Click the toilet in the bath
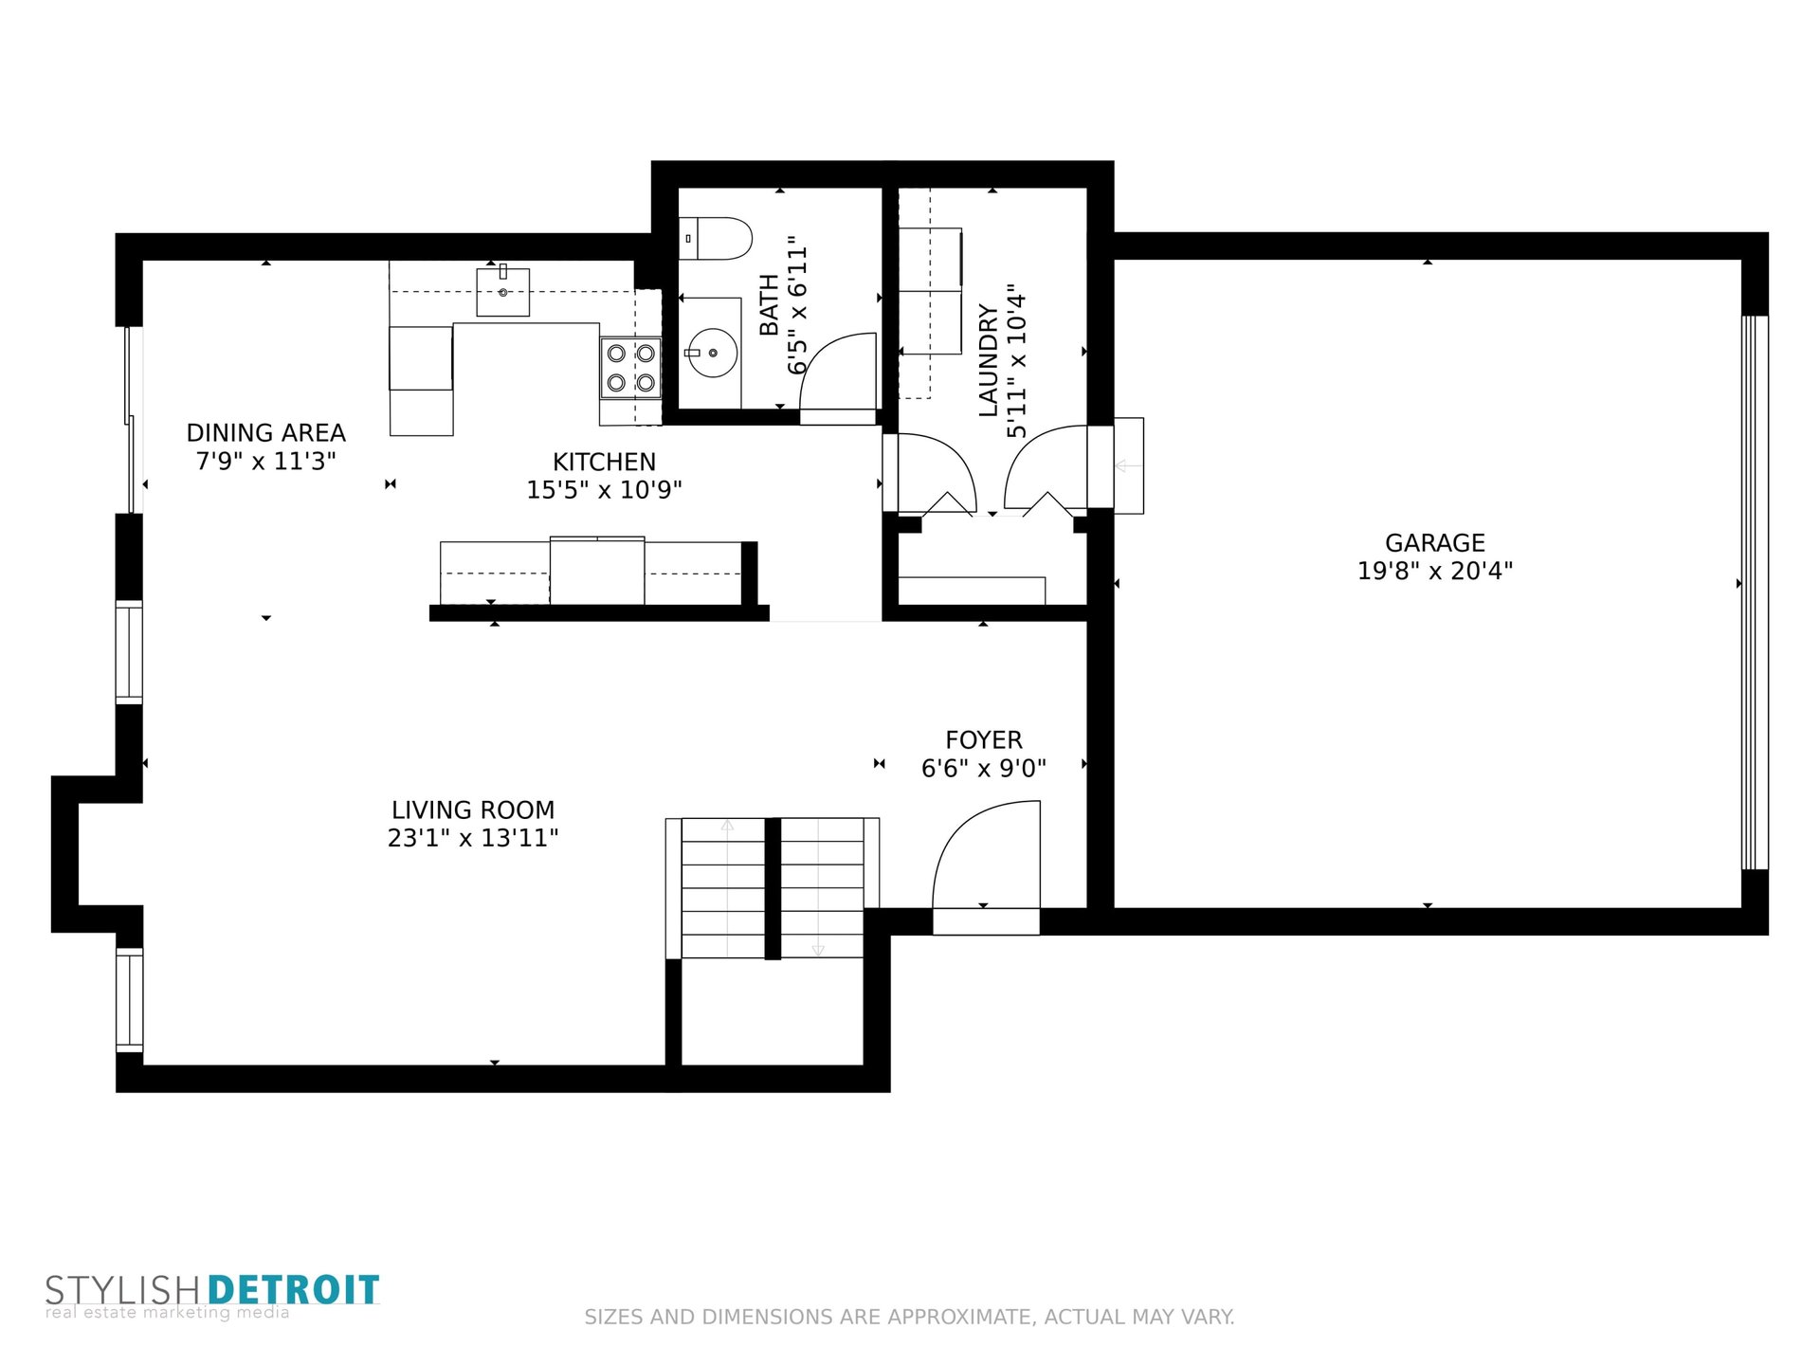pyautogui.click(x=716, y=238)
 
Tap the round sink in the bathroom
pyautogui.click(x=712, y=353)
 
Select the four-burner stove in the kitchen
pyautogui.click(x=630, y=368)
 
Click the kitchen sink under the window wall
pyautogui.click(x=502, y=291)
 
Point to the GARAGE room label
pyautogui.click(x=1435, y=543)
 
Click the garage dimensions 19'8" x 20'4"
pyautogui.click(x=1435, y=571)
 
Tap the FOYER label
pyautogui.click(x=984, y=740)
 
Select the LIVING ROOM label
pyautogui.click(x=473, y=810)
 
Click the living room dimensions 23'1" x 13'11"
pyautogui.click(x=473, y=838)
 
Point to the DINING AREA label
pyautogui.click(x=266, y=433)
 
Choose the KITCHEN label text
pyautogui.click(x=605, y=463)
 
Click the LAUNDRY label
pyautogui.click(x=989, y=360)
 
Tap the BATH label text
pyautogui.click(x=769, y=304)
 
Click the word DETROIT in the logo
pyautogui.click(x=293, y=1291)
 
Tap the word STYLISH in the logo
pyautogui.click(x=122, y=1291)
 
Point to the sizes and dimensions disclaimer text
pyautogui.click(x=909, y=1317)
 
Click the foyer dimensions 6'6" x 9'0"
pyautogui.click(x=984, y=768)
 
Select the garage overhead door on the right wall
pyautogui.click(x=1755, y=592)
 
